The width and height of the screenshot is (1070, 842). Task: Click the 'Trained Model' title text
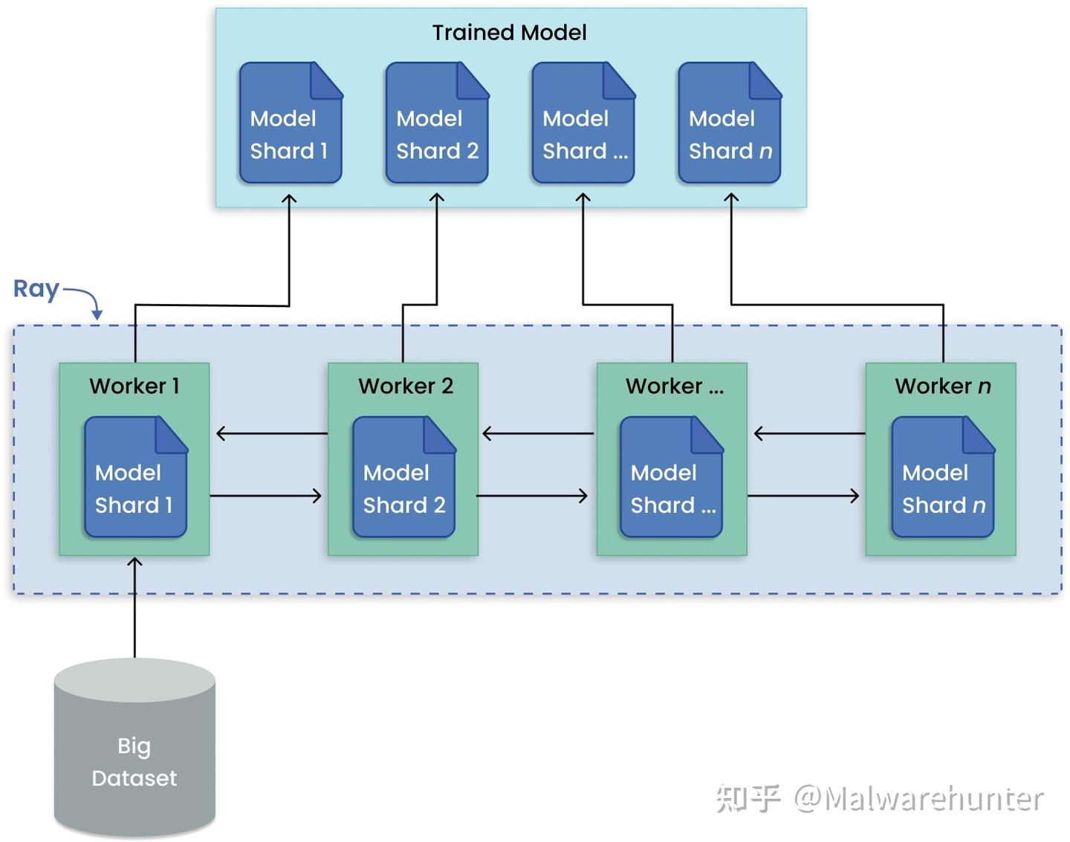coord(509,33)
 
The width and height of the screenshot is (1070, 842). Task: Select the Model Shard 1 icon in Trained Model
coord(291,123)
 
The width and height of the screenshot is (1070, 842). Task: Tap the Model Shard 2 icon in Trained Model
coord(437,123)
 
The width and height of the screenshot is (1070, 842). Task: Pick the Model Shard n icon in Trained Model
coord(730,123)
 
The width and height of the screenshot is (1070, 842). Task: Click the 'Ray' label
coord(36,288)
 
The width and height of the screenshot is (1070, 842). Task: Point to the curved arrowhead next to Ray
coord(97,314)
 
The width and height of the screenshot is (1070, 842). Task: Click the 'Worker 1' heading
coord(134,386)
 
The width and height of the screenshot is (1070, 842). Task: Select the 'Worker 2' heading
coord(405,386)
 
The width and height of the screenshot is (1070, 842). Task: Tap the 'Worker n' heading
coord(942,386)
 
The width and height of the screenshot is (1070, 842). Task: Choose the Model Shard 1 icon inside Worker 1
coord(135,478)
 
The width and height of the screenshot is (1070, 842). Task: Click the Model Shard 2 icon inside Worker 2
coord(403,478)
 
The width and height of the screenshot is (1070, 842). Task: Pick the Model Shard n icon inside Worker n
coord(942,478)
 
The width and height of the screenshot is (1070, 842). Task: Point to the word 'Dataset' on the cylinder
coord(134,778)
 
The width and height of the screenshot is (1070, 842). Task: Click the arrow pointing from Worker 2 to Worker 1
coord(271,433)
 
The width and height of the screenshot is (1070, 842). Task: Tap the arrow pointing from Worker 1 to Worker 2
coord(266,496)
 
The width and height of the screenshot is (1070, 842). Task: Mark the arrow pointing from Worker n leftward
coord(809,433)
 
